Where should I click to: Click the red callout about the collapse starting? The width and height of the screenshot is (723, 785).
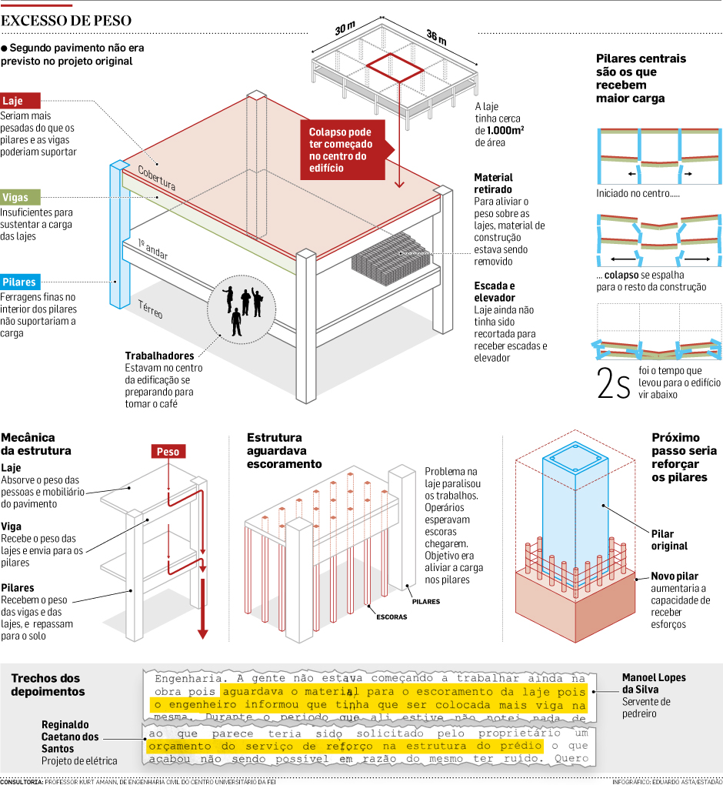coord(341,149)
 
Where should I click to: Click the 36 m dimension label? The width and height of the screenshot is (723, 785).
coord(436,39)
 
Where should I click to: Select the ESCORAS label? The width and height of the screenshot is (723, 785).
coord(391,616)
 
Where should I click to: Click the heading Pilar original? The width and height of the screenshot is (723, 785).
coord(669,540)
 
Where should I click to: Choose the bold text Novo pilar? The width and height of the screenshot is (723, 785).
coord(675,576)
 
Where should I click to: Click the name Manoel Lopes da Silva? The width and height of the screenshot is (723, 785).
coord(653,683)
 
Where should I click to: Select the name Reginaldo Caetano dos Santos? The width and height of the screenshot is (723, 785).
coord(71,737)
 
